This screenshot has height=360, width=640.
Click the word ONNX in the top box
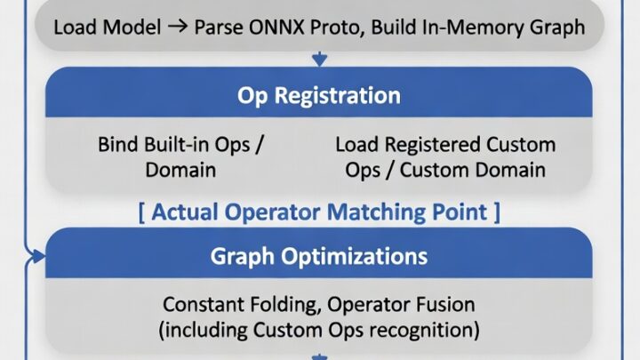click(276, 28)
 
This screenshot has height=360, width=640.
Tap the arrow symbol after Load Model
click(178, 27)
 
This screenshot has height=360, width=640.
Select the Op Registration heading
click(319, 95)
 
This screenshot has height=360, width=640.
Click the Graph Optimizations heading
click(319, 256)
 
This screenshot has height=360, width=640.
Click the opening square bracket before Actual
click(141, 212)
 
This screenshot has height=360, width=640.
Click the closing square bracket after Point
click(497, 212)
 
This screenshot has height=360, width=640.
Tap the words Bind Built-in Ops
click(174, 145)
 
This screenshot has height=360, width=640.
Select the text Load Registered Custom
click(445, 145)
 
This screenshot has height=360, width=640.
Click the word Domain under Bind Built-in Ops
click(180, 170)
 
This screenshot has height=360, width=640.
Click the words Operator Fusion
click(401, 305)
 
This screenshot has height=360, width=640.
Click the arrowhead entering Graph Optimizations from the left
click(39, 256)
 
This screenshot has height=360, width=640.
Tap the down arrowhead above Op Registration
click(319, 60)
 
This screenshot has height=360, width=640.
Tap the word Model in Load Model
click(132, 28)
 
